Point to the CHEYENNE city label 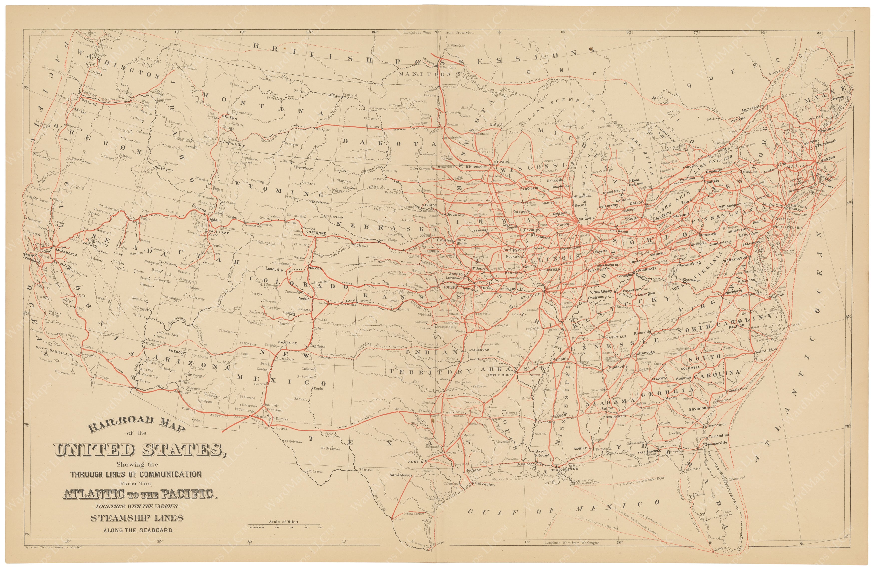point(315,233)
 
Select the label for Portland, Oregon point(87,104)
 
